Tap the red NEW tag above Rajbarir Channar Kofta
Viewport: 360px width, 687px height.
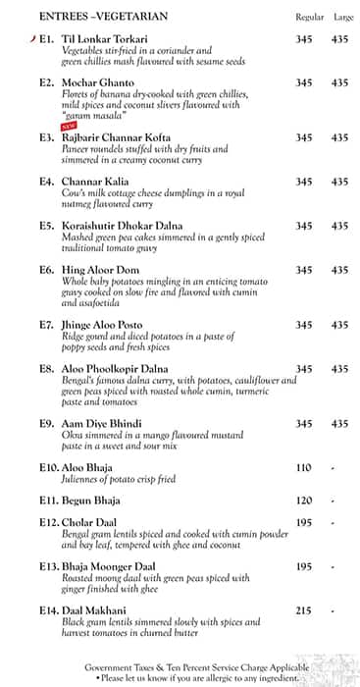tap(69, 127)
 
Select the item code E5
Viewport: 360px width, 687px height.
tap(46, 226)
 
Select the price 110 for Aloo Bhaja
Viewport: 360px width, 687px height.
tap(304, 468)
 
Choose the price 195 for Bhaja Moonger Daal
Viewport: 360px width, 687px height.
tap(304, 566)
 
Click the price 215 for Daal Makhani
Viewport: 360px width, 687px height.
tap(304, 610)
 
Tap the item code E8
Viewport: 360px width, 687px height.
tap(46, 369)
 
